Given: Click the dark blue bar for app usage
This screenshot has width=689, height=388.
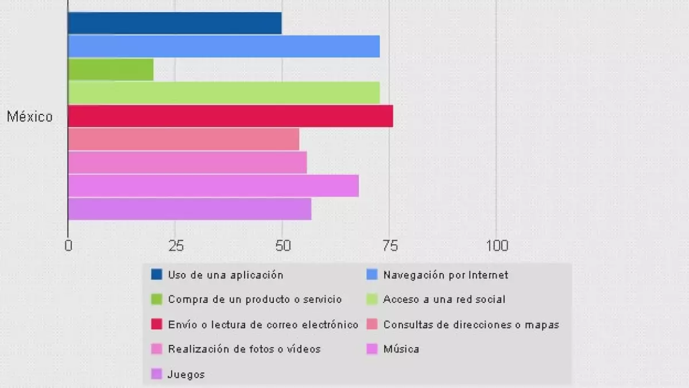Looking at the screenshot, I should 175,23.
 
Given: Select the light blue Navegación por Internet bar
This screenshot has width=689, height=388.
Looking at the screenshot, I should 224,46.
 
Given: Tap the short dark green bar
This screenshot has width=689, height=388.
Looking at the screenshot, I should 111,70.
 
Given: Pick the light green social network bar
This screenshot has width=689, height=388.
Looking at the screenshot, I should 224,93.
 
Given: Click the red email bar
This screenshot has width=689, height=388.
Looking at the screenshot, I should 230,116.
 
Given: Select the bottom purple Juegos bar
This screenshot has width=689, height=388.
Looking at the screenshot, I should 189,209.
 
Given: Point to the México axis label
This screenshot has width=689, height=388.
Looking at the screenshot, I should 30,117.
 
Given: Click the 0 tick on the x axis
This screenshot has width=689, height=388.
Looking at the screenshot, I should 68,246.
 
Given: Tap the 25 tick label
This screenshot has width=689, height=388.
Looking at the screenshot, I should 176,246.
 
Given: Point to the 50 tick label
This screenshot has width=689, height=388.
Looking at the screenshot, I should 282,246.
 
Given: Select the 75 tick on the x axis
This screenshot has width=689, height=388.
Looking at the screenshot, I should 389,246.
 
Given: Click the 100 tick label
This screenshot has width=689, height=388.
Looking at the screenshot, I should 497,246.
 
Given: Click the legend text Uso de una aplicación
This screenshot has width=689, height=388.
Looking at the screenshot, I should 226,275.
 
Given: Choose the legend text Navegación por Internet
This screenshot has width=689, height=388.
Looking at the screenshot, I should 446,275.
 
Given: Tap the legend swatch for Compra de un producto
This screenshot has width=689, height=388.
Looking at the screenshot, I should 157,299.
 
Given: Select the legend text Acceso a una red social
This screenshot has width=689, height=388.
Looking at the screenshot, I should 444,299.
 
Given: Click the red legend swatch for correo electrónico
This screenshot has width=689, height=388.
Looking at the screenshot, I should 157,324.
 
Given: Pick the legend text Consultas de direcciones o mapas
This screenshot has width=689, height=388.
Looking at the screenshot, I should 471,324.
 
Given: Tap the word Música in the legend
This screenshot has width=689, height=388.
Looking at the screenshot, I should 401,349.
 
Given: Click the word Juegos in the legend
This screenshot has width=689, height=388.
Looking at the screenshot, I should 186,374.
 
